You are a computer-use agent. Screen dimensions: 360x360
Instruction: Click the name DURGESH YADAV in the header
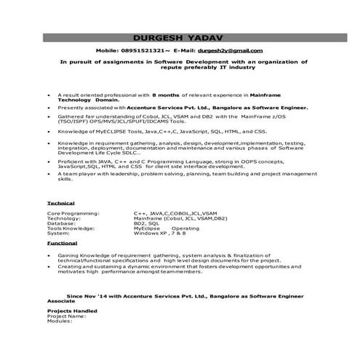[180, 37]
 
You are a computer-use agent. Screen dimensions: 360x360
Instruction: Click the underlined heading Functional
[62, 244]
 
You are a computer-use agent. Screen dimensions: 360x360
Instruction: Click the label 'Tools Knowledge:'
[71, 228]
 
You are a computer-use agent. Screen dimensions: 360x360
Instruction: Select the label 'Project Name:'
[65, 316]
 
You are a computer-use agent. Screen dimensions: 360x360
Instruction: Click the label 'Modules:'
[60, 321]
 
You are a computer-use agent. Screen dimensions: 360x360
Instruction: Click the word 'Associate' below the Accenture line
[61, 302]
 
